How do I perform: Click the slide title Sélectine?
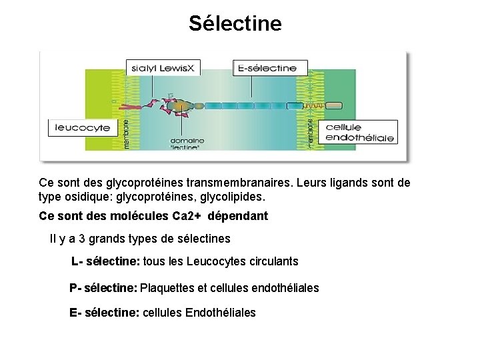pyautogui.click(x=235, y=24)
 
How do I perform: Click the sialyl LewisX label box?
pyautogui.click(x=156, y=67)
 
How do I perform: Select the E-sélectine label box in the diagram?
pyautogui.click(x=269, y=67)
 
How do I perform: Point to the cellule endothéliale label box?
pyautogui.click(x=359, y=132)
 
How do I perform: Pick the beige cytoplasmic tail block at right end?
pyautogui.click(x=333, y=105)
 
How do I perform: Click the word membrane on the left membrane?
pyautogui.click(x=128, y=131)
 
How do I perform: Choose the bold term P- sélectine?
pyautogui.click(x=103, y=288)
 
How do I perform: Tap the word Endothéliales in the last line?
pyautogui.click(x=221, y=313)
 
